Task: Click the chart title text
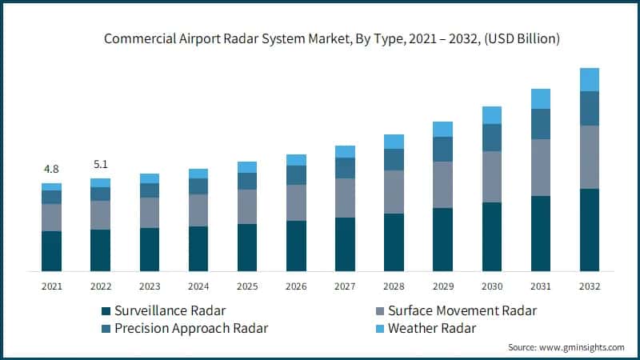(x=320, y=38)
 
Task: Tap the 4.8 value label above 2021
(x=51, y=169)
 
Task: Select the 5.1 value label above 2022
(x=101, y=164)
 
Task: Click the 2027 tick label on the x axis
(x=345, y=286)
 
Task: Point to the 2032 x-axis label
(x=590, y=286)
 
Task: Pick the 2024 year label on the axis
(x=198, y=286)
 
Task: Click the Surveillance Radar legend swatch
(x=105, y=310)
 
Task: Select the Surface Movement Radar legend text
(x=462, y=310)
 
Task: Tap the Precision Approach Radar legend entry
(x=191, y=328)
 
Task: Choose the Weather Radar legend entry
(x=431, y=328)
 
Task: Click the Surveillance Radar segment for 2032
(x=590, y=230)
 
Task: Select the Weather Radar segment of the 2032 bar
(x=590, y=79)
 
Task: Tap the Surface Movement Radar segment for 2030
(x=491, y=177)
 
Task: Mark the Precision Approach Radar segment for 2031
(x=541, y=124)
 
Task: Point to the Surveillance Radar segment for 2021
(x=51, y=251)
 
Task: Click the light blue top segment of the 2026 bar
(x=296, y=160)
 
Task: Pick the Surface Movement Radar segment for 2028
(x=394, y=192)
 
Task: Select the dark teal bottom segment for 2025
(x=247, y=247)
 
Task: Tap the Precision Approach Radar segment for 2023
(x=150, y=190)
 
